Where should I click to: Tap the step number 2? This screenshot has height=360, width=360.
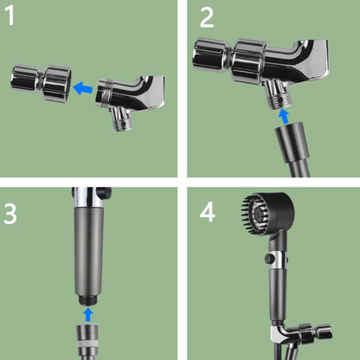coord(204,18)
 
